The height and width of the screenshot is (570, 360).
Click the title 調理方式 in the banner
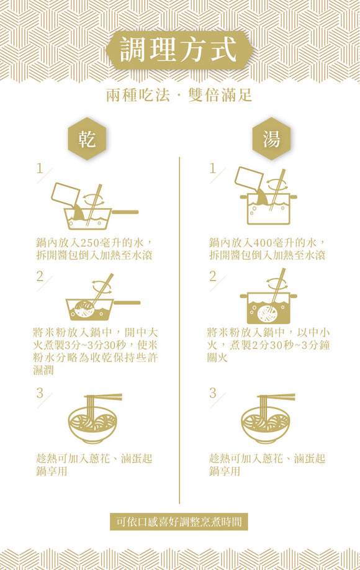[x=179, y=50]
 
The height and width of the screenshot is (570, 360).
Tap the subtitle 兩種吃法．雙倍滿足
[x=179, y=96]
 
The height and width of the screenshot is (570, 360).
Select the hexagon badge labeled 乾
[x=86, y=139]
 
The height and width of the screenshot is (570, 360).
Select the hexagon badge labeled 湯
[x=271, y=139]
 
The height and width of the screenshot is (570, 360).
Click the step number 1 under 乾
[x=40, y=168]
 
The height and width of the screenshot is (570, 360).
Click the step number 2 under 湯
[x=213, y=276]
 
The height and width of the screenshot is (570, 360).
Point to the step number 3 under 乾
[x=40, y=392]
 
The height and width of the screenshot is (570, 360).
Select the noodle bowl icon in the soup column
[x=267, y=418]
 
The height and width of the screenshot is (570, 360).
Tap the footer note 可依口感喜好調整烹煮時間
[x=179, y=522]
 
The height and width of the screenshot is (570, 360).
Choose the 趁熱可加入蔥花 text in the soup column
[x=267, y=464]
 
